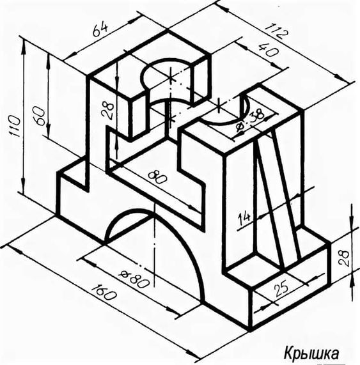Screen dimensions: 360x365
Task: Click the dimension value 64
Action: click(100, 29)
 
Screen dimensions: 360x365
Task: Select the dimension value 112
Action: click(277, 31)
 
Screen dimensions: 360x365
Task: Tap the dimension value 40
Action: click(269, 50)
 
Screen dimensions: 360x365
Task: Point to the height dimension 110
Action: click(15, 126)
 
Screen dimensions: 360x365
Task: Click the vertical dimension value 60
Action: click(38, 116)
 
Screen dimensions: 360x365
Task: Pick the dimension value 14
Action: click(244, 218)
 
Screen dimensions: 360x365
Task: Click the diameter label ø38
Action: click(249, 120)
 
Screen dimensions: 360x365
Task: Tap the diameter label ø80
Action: click(134, 279)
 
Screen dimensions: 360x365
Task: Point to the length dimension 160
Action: click(104, 291)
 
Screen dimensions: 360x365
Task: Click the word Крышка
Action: click(311, 354)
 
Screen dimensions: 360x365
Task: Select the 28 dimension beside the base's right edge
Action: click(344, 258)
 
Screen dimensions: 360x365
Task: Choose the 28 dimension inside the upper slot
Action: click(108, 110)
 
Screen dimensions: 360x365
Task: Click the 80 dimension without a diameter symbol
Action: click(157, 177)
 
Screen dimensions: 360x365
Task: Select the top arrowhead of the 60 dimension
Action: click(48, 58)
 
